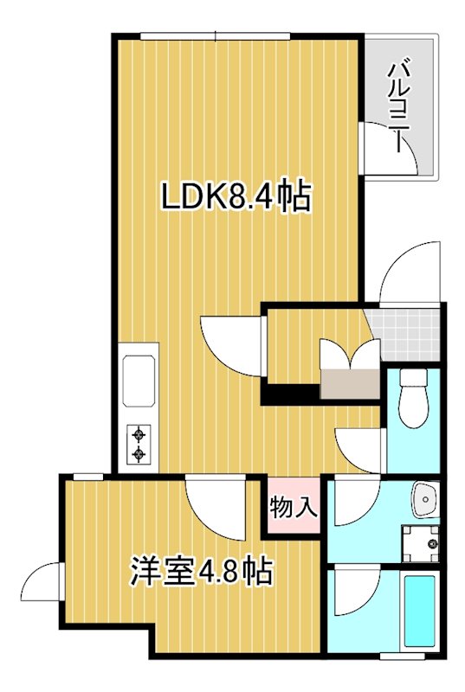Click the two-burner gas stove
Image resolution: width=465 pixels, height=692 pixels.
point(139,444)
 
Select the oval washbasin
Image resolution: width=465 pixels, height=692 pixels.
point(424,498)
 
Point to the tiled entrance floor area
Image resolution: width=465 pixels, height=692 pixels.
point(406,333)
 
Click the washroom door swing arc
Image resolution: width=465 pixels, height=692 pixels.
point(353,501)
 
